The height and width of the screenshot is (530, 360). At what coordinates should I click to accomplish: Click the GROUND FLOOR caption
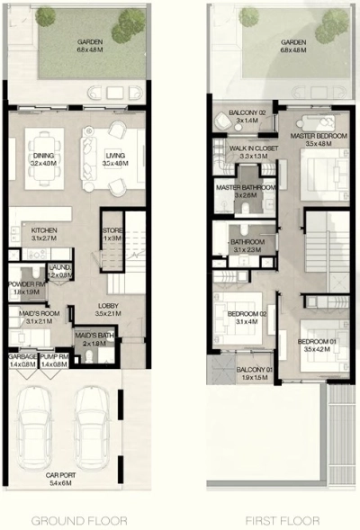[x=79, y=520]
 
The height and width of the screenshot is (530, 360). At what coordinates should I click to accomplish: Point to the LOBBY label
[x=108, y=310]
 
